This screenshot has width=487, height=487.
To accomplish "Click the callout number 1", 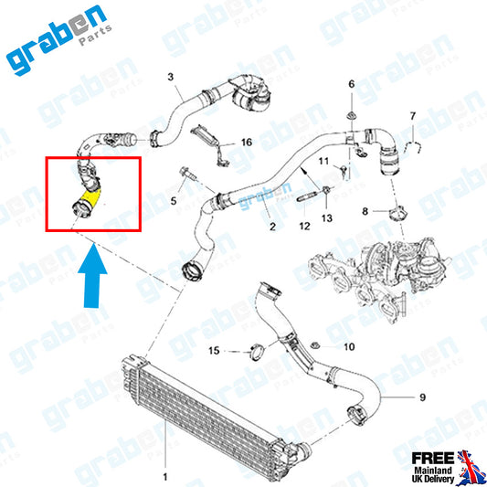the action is tap(165, 476).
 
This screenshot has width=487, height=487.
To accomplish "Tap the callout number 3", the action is tap(171, 77).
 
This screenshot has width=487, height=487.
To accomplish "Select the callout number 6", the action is tap(351, 84).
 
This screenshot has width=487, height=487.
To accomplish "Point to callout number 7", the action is tap(412, 116).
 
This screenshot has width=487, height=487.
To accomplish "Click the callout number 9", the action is tap(422, 397).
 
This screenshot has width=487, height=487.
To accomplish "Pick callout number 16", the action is tap(247, 143).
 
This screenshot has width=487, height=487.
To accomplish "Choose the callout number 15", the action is tap(214, 351).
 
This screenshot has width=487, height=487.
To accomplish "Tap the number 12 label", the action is tap(304, 226).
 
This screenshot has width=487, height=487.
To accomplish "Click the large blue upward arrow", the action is tap(92, 276).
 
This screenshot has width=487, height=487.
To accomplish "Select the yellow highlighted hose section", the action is tap(90, 199).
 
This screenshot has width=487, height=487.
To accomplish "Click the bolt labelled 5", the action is tap(187, 175).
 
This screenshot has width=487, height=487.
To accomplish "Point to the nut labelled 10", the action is tap(315, 345).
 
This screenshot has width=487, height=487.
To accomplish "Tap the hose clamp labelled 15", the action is tap(258, 353).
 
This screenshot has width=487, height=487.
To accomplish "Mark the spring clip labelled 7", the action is tap(413, 146).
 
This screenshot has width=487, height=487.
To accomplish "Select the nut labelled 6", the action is tap(351, 115).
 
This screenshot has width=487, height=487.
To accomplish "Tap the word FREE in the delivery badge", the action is tap(433, 458).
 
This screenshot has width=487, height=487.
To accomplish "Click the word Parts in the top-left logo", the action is tap(95, 35).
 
